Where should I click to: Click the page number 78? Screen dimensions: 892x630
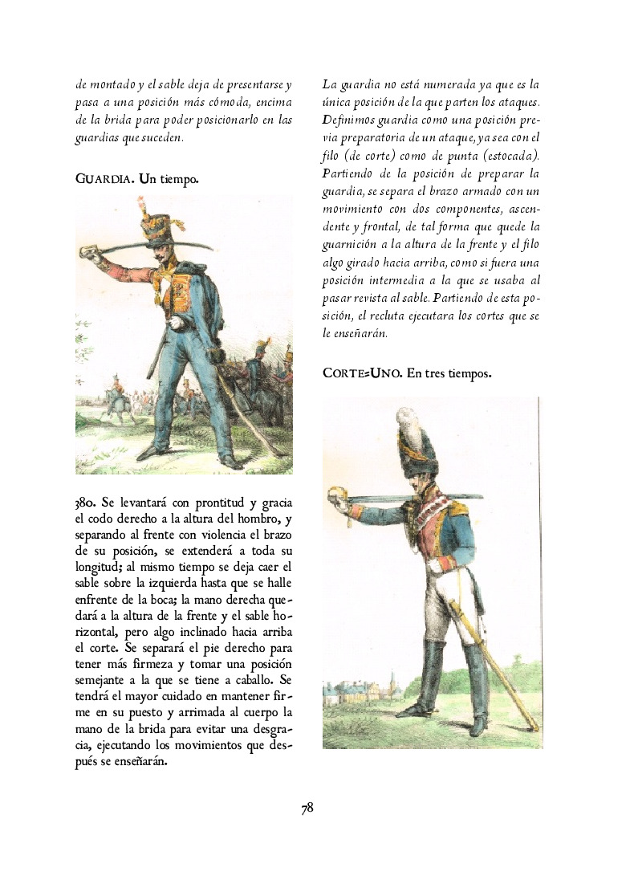(307, 808)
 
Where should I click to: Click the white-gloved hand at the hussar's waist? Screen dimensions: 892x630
(175, 322)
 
